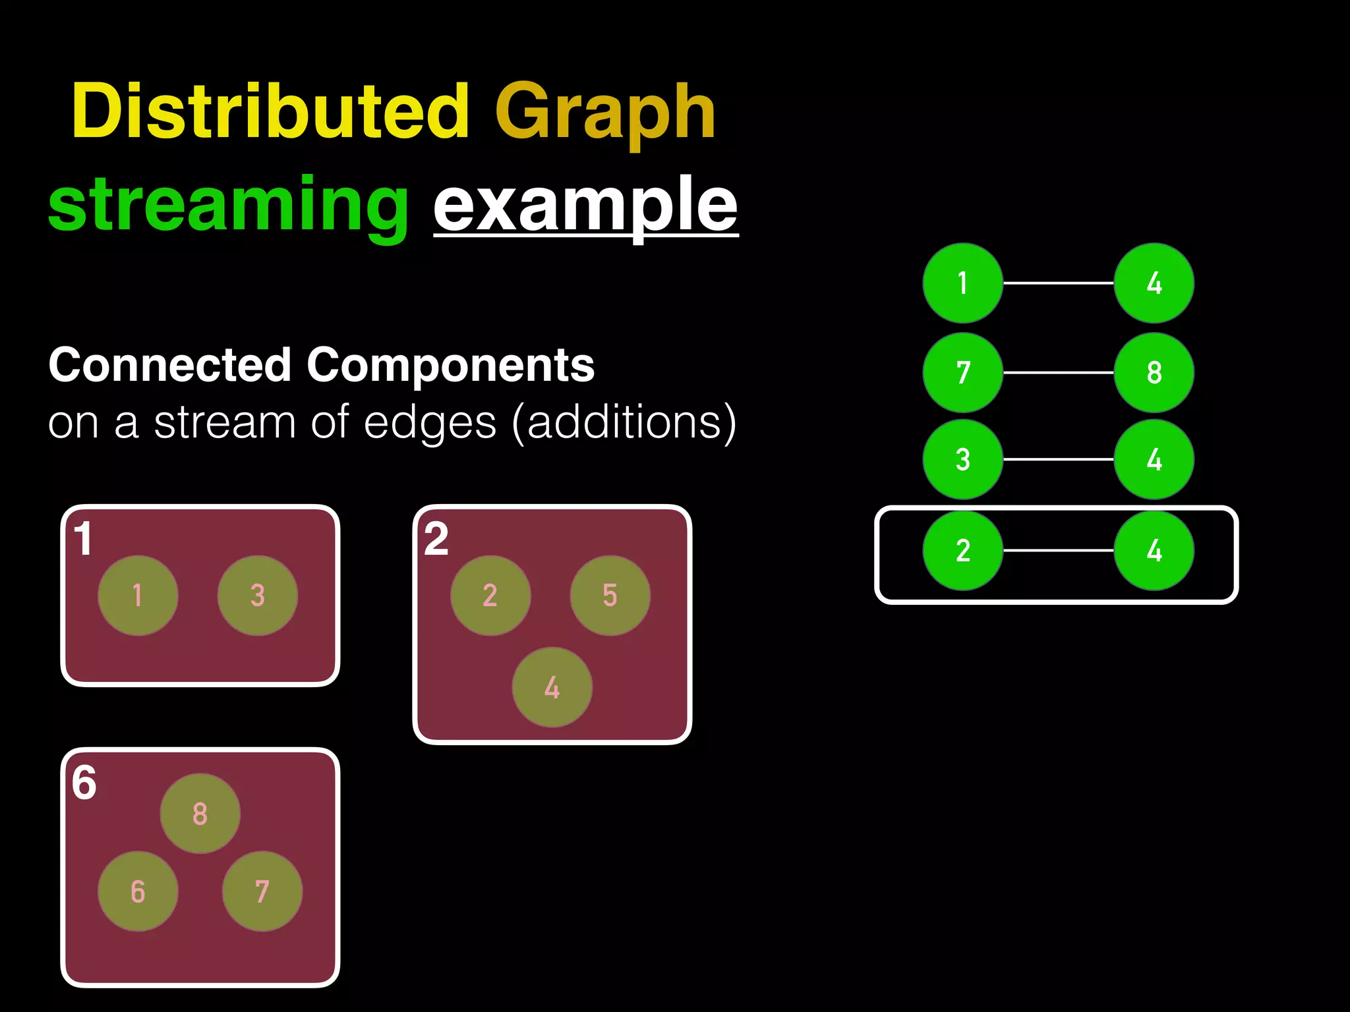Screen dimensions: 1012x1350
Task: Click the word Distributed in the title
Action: click(270, 112)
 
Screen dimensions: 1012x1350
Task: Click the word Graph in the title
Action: click(605, 113)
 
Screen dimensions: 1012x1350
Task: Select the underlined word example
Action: click(585, 206)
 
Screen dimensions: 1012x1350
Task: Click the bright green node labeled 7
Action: click(962, 372)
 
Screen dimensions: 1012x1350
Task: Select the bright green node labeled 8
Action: click(1154, 372)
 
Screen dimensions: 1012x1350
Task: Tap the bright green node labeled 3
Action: click(962, 459)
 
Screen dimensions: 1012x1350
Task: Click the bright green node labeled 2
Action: click(962, 550)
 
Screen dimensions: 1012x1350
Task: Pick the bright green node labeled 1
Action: click(962, 283)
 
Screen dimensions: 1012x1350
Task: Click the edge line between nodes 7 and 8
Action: click(1058, 372)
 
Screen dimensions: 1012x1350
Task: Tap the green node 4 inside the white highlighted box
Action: click(1154, 550)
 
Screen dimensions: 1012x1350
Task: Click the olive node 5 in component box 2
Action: click(610, 596)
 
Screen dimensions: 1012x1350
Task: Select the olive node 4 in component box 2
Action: click(552, 687)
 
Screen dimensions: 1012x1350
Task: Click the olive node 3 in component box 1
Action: click(257, 596)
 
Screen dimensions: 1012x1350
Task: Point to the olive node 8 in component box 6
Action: click(200, 814)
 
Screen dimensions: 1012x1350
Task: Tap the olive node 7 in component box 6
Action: click(262, 891)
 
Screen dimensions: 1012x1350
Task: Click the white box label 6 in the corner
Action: click(84, 783)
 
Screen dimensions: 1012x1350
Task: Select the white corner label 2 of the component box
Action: click(436, 540)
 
